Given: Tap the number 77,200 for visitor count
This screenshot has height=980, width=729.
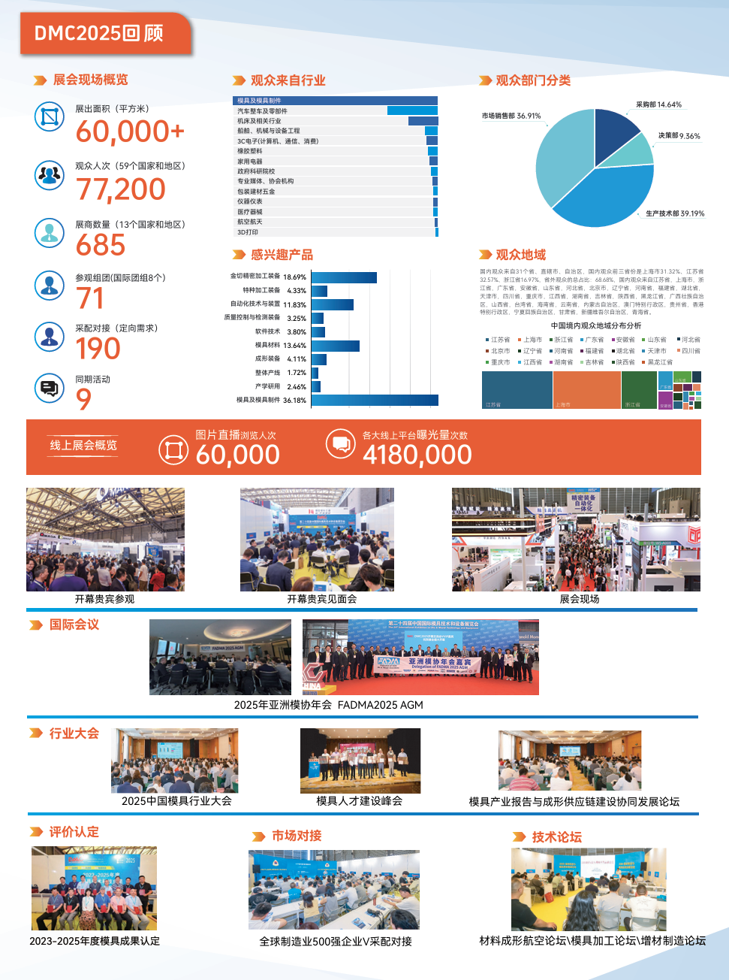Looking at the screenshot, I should (121, 189).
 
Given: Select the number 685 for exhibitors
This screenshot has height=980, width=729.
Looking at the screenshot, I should (101, 246).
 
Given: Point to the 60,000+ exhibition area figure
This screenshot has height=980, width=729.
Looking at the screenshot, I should (130, 132).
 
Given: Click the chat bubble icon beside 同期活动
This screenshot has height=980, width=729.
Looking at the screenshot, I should (50, 389).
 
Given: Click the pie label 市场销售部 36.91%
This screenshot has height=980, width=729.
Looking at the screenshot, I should (511, 116).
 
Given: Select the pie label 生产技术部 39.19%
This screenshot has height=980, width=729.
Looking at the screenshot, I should (674, 213).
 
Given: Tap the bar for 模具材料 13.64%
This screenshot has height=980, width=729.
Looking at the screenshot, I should (335, 346).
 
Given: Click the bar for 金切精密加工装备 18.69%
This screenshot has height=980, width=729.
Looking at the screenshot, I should (344, 277).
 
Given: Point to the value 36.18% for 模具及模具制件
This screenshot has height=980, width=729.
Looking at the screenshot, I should (294, 401).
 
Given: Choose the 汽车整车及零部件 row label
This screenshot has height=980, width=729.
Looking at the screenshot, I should (262, 111).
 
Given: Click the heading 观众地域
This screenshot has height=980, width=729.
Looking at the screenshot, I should (520, 255).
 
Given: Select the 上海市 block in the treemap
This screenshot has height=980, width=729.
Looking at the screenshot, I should (586, 390).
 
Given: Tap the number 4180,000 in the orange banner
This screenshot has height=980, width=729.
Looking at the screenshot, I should (417, 455).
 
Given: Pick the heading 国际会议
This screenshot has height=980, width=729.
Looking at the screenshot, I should (74, 625).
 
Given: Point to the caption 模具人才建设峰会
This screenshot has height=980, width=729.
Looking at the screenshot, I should (359, 801).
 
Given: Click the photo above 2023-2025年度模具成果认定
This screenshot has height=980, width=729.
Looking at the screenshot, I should (94, 888).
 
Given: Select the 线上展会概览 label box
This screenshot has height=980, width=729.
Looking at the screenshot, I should (83, 446).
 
